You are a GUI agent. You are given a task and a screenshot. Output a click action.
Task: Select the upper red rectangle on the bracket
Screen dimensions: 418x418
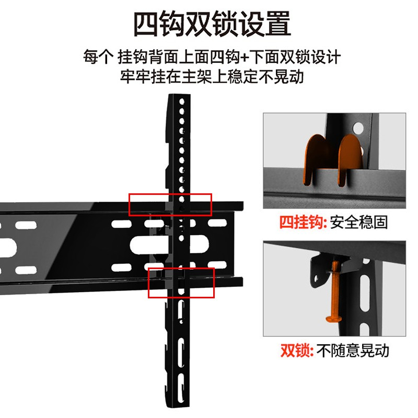pyautogui.click(x=170, y=204)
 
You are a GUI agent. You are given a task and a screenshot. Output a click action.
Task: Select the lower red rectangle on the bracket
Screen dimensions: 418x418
pyautogui.click(x=181, y=283)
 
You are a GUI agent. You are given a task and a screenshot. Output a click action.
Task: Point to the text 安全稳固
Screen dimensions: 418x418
pyautogui.click(x=359, y=222)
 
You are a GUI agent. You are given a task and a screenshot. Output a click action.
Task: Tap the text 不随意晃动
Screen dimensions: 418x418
pyautogui.click(x=353, y=350)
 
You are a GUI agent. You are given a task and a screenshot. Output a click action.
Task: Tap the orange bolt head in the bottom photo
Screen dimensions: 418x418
pyautogui.click(x=331, y=317)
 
